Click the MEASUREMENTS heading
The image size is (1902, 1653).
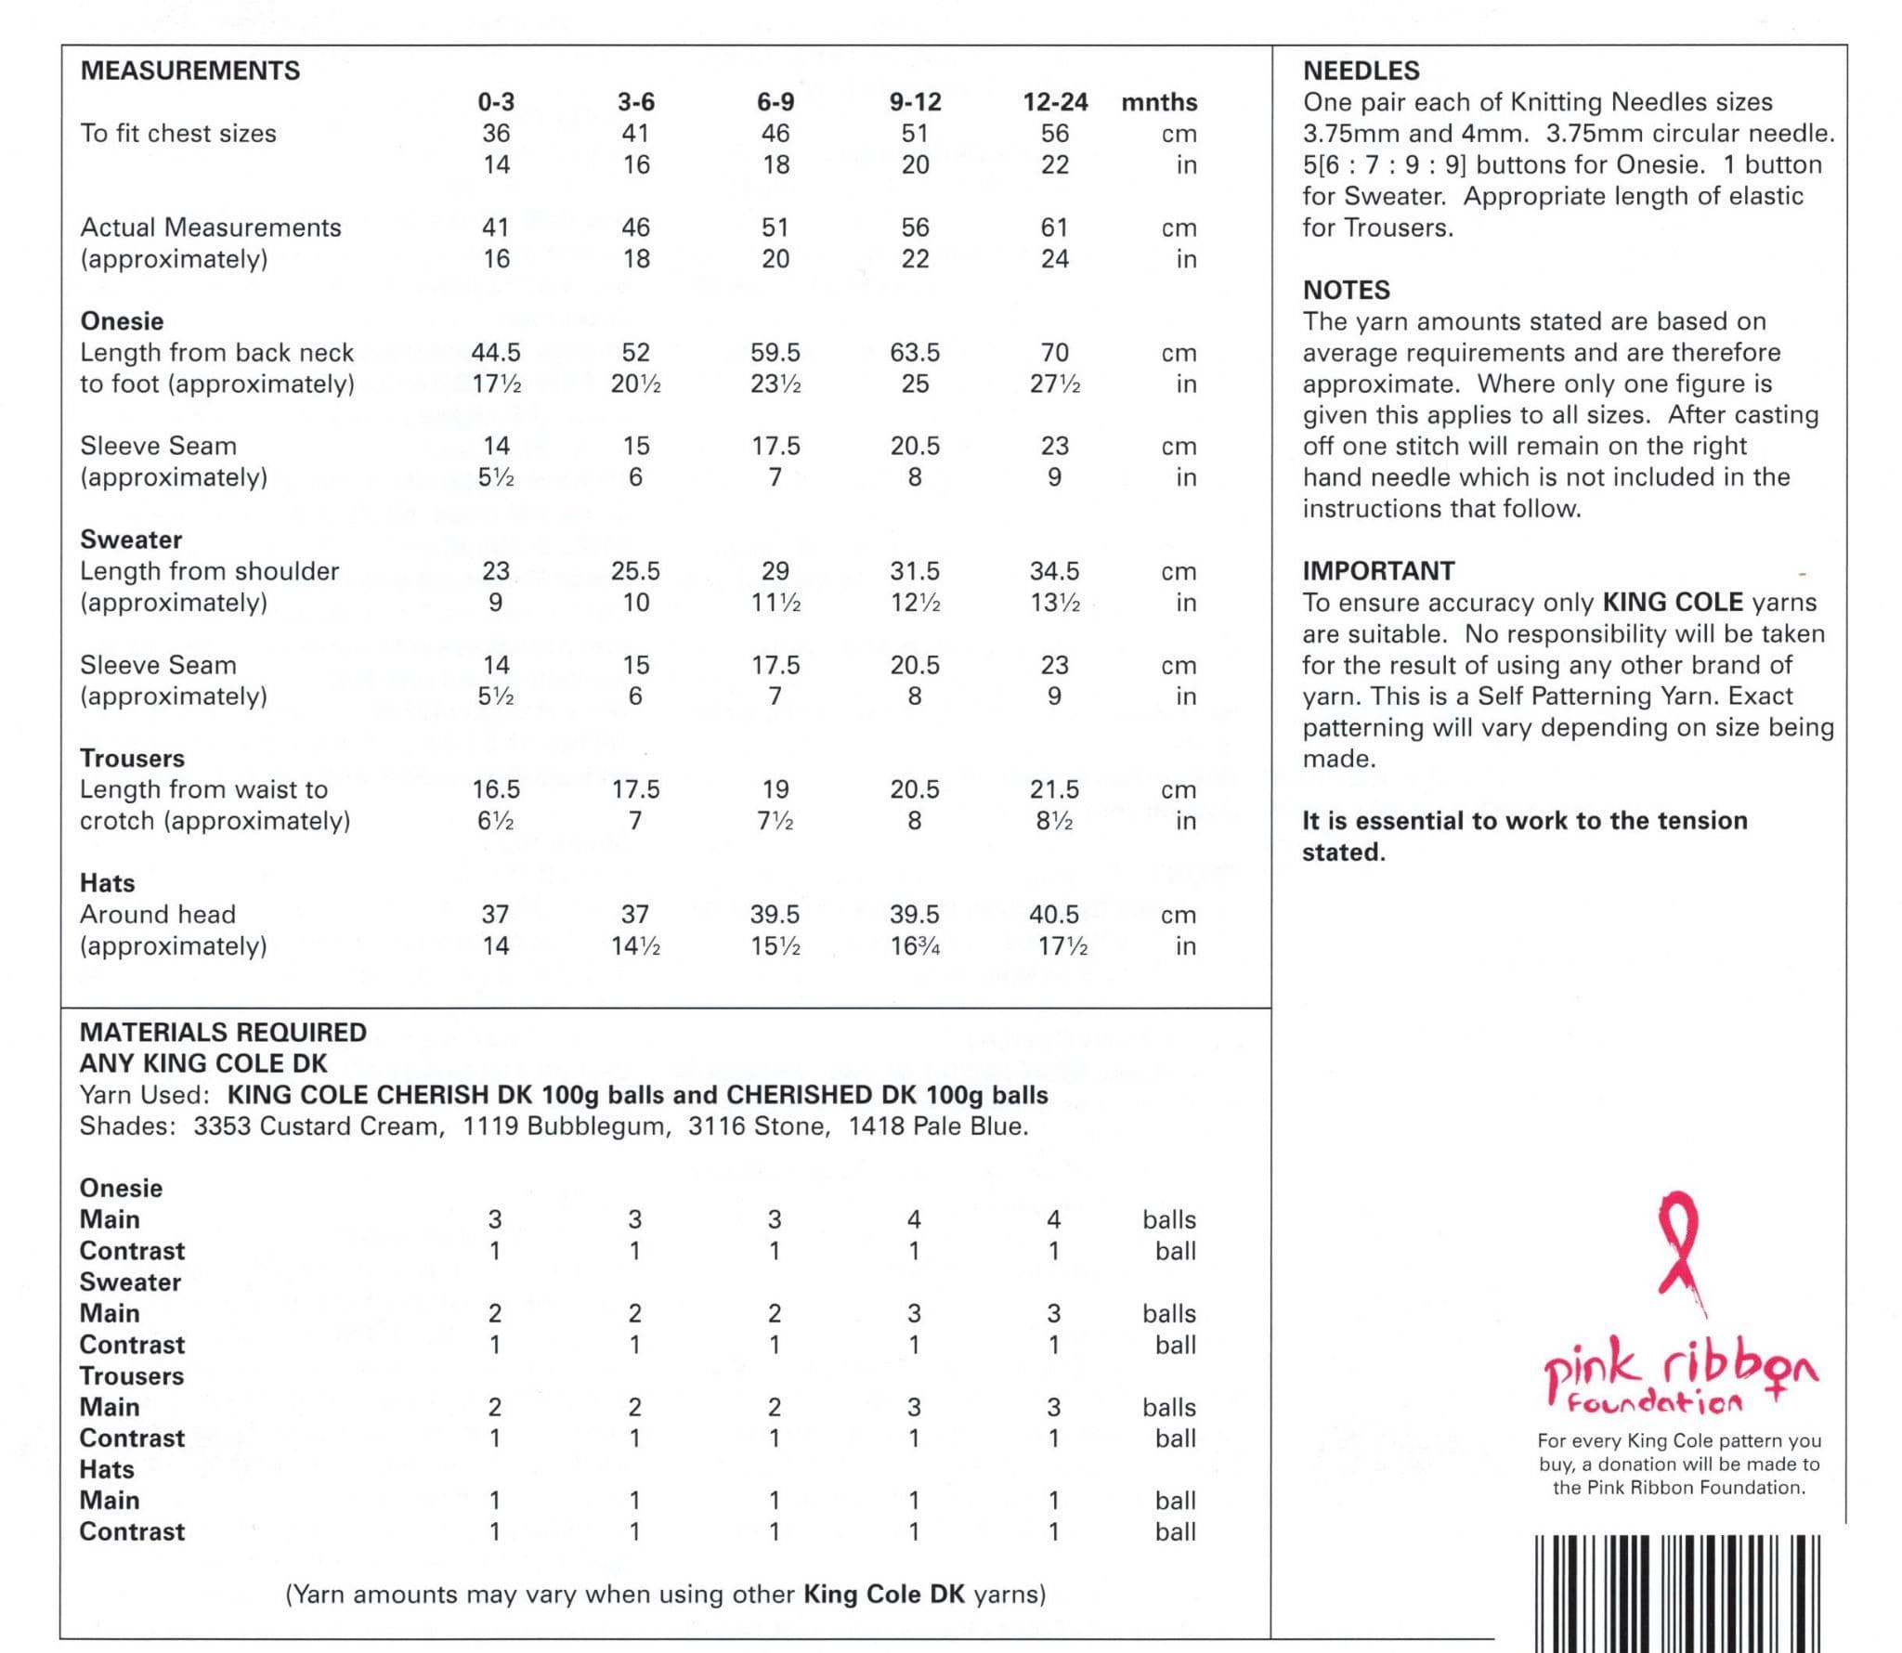pos(190,71)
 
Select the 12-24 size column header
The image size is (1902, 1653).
pos(1055,102)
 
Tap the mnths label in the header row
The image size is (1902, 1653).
pos(1159,102)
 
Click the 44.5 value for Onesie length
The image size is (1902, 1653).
pos(496,353)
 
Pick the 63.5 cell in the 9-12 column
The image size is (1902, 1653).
pos(915,353)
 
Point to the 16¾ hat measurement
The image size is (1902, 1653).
pos(915,946)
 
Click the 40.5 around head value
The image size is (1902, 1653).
pos(1054,915)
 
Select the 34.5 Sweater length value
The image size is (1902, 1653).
pos(1054,571)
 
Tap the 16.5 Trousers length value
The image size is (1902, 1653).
pos(496,790)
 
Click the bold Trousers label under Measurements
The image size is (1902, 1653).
pos(132,759)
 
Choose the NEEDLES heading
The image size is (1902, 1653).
pos(1361,71)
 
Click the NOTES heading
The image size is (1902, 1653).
pos(1346,290)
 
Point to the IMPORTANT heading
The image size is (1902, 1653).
pos(1378,571)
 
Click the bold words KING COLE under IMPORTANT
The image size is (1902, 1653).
pos(1673,603)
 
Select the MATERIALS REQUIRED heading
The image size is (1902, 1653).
pos(223,1033)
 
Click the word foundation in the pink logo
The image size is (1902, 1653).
pos(1655,1402)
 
